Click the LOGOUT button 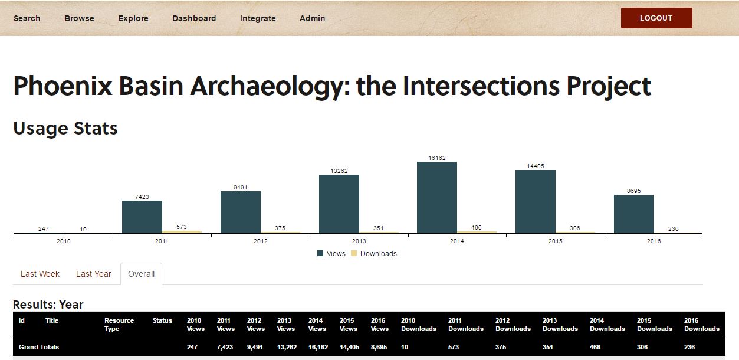coord(656,18)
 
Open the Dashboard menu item coord(194,18)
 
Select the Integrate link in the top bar coord(258,18)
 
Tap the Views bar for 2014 coord(437,197)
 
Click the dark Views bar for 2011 coord(142,217)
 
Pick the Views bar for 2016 coord(634,214)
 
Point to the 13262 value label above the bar coord(339,171)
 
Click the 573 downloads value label coord(182,227)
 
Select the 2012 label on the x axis coord(260,241)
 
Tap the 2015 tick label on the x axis coord(555,241)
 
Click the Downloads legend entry coord(374,253)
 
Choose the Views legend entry coord(331,253)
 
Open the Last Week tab coord(40,274)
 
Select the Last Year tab coord(94,274)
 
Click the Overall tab coord(141,274)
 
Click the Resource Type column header coord(119,325)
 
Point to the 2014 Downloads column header coord(607,325)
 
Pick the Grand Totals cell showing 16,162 coord(318,347)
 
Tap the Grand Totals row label coord(38,347)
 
